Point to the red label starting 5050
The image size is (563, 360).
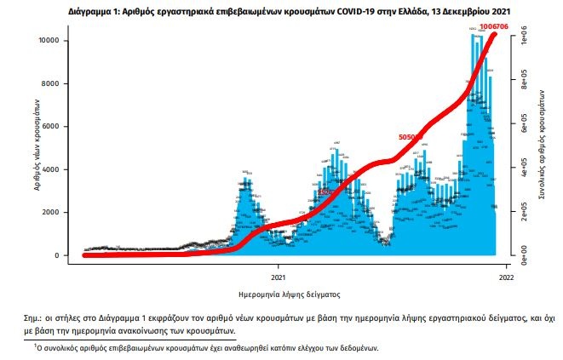[x=411, y=137]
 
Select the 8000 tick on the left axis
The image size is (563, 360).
[x=49, y=83]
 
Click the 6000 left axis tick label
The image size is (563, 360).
[x=49, y=127]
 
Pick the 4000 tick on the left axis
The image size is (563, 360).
[x=49, y=169]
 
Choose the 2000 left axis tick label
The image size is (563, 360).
[x=49, y=213]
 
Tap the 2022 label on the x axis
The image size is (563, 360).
[x=506, y=277]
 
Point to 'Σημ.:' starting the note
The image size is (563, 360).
[x=36, y=317]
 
